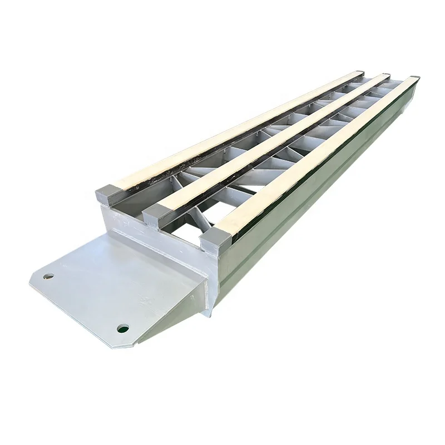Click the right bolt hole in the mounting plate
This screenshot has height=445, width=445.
click(123, 328)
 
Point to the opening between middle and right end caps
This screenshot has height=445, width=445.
click(186, 225)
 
